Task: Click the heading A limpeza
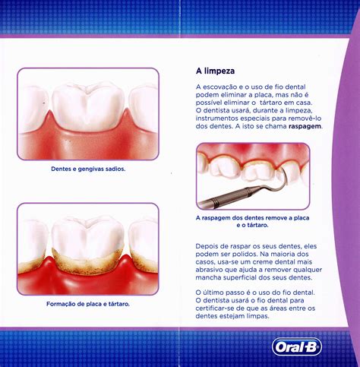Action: click(x=215, y=71)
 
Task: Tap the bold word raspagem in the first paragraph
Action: click(x=305, y=126)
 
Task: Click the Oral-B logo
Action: click(x=297, y=346)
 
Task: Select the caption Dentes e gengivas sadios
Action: click(x=88, y=169)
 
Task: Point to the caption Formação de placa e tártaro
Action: click(x=88, y=304)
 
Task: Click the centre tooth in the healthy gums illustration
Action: click(x=88, y=106)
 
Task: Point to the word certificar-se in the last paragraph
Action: click(x=215, y=308)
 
